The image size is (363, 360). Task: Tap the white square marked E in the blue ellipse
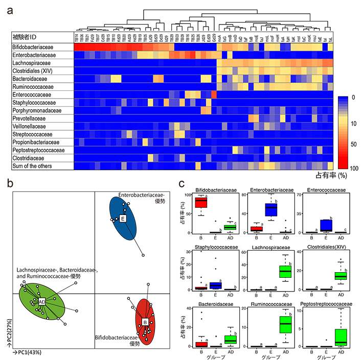(x=123, y=219)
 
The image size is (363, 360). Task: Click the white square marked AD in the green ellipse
(x=42, y=302)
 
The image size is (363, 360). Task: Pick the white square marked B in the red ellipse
(x=145, y=322)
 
